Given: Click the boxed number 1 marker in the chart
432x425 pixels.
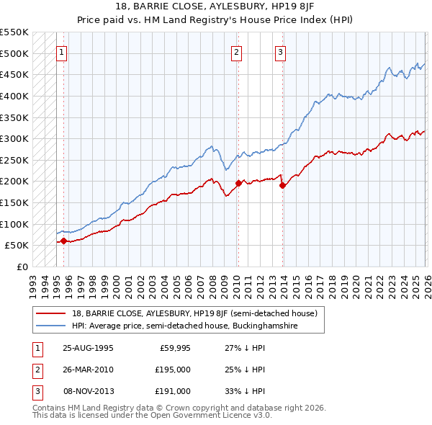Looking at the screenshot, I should coord(62,51).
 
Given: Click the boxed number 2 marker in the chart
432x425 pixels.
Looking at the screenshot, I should coord(237,51).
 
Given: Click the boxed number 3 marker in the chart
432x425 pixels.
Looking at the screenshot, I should coord(280,51).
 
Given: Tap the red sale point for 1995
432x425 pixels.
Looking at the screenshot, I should coord(63,241).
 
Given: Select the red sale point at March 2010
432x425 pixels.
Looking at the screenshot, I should coord(238,183).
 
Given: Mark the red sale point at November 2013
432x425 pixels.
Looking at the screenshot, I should coord(282,185).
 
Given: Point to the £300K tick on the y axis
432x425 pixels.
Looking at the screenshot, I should coord(14,138).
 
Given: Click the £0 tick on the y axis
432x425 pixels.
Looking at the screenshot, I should coord(22,267).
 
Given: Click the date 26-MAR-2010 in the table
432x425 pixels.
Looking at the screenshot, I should coord(88,370).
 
